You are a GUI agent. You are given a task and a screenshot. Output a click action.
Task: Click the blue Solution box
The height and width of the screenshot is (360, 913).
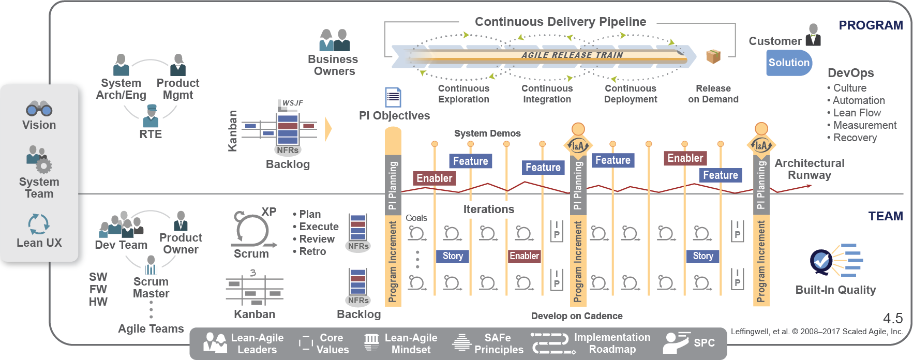[x=788, y=63]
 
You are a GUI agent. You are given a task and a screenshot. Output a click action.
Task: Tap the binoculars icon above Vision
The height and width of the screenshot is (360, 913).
[x=39, y=108]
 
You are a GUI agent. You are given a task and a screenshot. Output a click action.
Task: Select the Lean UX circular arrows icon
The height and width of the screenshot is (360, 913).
[x=39, y=224]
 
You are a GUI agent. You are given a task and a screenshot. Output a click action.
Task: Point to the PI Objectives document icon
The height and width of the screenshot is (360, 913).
[x=393, y=97]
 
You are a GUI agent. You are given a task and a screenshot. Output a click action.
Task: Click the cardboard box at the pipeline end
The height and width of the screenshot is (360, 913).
[x=713, y=56]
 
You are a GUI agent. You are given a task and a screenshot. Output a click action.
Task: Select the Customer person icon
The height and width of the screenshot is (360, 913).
[x=813, y=35]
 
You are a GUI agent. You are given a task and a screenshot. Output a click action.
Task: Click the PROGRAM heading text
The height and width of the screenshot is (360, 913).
[x=871, y=25]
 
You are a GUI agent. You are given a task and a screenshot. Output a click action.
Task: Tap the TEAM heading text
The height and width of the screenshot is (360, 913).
[x=885, y=216]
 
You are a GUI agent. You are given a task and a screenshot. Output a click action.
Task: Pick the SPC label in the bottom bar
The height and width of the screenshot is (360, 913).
[x=704, y=342]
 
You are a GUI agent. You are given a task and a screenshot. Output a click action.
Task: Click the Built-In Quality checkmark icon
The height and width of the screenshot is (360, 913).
[x=821, y=262]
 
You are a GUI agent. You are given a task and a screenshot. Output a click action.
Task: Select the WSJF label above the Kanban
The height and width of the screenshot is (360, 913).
[x=292, y=103]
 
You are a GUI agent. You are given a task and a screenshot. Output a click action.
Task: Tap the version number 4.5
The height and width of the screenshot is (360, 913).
[x=892, y=318]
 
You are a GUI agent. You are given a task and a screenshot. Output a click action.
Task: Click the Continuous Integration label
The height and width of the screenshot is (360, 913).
[x=547, y=94]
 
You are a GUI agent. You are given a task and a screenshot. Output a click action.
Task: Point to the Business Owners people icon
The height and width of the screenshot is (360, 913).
[x=334, y=40]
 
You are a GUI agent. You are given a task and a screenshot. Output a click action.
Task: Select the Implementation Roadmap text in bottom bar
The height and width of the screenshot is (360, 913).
[x=612, y=343]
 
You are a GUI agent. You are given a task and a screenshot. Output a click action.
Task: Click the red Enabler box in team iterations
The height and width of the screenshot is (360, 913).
[x=524, y=256]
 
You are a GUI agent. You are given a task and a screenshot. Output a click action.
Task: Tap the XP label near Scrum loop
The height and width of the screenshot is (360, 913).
[x=268, y=212]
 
